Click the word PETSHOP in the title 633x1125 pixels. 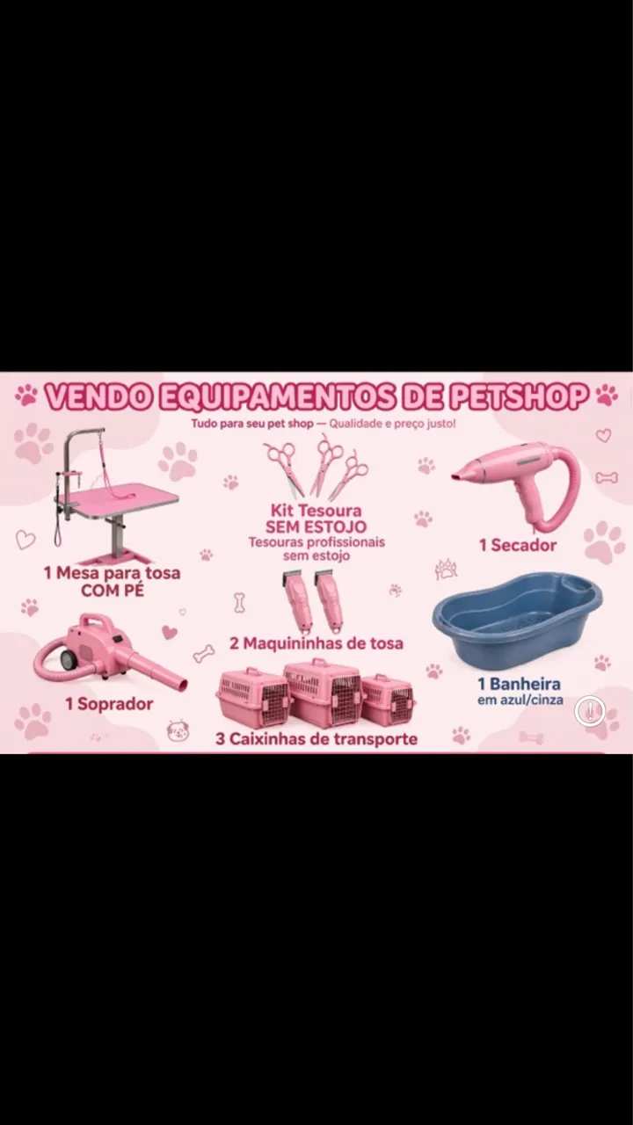518,396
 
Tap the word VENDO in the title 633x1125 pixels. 98,396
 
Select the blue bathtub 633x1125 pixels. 517,620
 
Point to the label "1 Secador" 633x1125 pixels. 518,545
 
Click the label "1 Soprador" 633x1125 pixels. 109,704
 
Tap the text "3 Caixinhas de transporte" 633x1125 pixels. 316,739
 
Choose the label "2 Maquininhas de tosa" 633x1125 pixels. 316,642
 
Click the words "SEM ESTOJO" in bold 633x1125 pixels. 316,526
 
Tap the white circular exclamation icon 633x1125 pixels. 590,711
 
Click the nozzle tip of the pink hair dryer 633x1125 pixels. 455,475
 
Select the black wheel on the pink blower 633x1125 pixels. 66,659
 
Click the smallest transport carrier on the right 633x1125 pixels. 388,700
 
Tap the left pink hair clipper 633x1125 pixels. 296,600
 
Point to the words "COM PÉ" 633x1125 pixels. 113,591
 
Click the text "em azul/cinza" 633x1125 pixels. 520,700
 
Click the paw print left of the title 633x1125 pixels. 26,396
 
